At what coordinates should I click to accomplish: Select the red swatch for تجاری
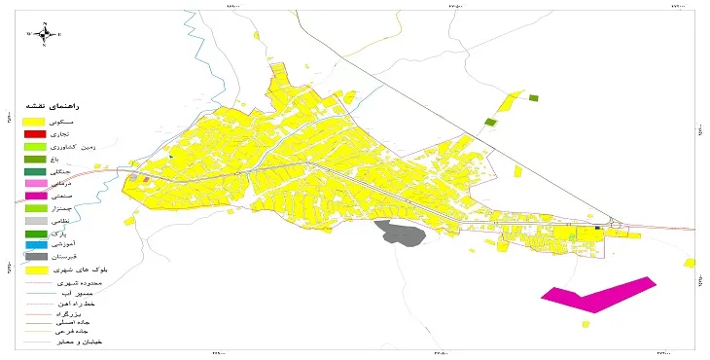pos(35,132)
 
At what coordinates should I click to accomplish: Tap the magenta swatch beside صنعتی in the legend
pos(35,196)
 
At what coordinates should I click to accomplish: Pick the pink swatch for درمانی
pos(35,183)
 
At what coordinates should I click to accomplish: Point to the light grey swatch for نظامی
pos(35,221)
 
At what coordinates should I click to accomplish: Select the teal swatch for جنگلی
pos(35,170)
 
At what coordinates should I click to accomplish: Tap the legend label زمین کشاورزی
pos(83,145)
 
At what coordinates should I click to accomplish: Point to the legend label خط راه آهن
pos(82,306)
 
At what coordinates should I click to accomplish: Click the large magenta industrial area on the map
pos(601,294)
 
